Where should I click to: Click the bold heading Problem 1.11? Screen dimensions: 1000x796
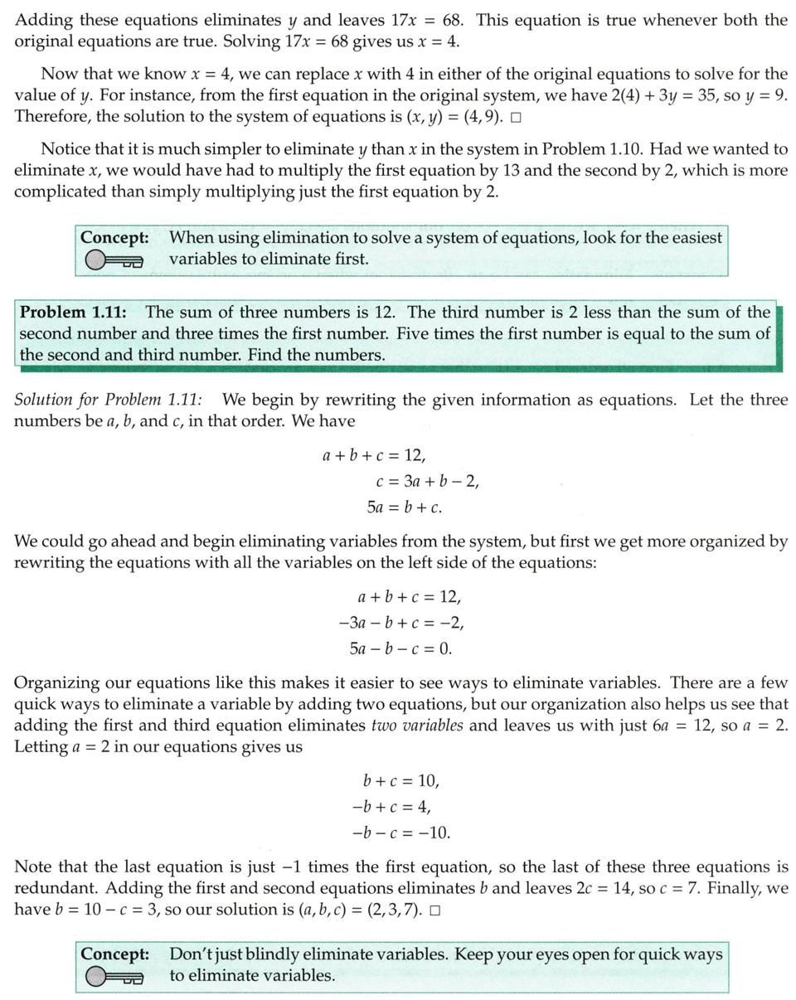(73, 313)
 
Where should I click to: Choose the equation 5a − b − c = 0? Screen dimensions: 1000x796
(400, 649)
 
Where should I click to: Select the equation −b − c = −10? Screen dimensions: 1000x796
(401, 833)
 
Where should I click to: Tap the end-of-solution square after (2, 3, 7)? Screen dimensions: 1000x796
(434, 910)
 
